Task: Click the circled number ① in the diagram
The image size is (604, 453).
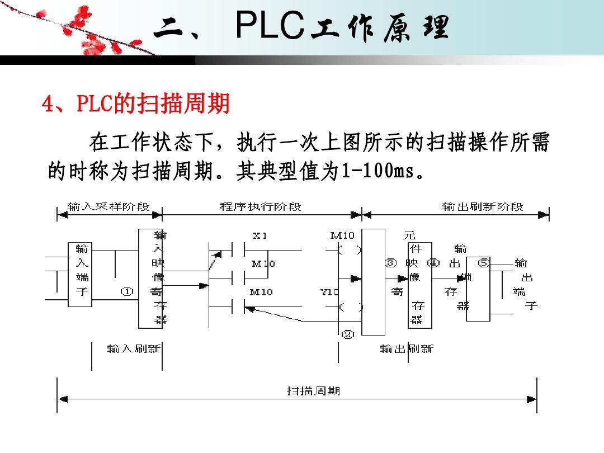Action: click(x=128, y=291)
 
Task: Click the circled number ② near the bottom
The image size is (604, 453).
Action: click(x=348, y=334)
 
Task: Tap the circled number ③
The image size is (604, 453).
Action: click(x=391, y=262)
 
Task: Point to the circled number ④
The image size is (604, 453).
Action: click(x=433, y=262)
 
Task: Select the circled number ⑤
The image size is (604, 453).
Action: click(x=484, y=262)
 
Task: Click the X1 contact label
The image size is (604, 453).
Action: click(x=260, y=236)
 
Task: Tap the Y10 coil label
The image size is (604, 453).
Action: click(x=329, y=292)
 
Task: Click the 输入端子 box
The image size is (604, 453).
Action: click(x=80, y=275)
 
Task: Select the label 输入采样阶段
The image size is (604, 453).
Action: click(x=108, y=207)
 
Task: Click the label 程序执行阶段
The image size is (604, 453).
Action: click(x=261, y=207)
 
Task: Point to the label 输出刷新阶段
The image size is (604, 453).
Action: click(x=483, y=207)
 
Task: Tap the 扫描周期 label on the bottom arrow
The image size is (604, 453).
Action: click(x=313, y=391)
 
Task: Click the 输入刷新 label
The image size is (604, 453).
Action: click(x=134, y=349)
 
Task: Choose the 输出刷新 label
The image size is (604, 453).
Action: click(x=407, y=349)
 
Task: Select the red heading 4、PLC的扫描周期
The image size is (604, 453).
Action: click(x=136, y=104)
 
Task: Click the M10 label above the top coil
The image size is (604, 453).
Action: click(x=342, y=236)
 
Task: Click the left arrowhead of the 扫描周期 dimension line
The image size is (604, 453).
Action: click(x=63, y=399)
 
